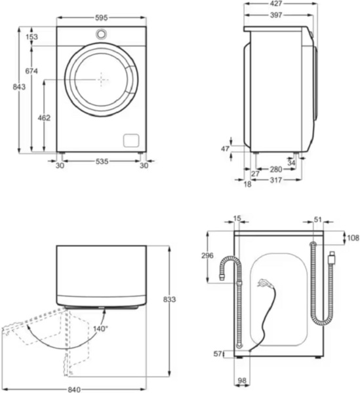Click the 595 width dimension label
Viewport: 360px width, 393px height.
tap(102, 18)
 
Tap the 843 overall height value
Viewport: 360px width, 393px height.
tap(19, 87)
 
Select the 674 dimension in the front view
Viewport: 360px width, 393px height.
tap(31, 71)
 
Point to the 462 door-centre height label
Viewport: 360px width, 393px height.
tap(44, 117)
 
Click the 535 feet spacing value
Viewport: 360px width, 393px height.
tap(102, 161)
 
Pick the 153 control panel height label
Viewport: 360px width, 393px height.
tap(32, 37)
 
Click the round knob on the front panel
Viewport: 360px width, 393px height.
tap(101, 34)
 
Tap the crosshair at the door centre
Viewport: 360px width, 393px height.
tap(101, 80)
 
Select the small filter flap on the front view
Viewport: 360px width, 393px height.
tap(131, 140)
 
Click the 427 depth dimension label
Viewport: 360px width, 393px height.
tap(276, 3)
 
